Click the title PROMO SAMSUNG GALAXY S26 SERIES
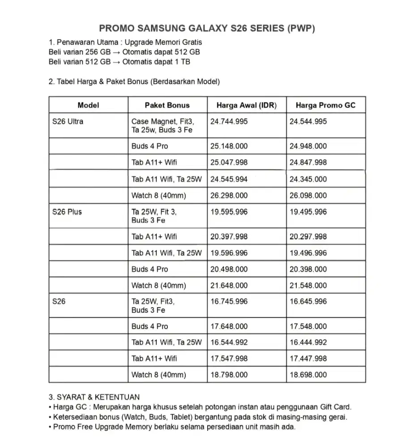coord(207,28)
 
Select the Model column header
coord(88,105)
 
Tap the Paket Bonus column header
coord(167,105)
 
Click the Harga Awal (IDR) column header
coord(246,105)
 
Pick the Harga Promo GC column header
coord(325,105)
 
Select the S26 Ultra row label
coord(68,121)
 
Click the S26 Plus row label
coord(67,212)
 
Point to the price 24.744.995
coord(229,121)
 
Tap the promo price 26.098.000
coord(308,195)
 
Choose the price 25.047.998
coord(229,162)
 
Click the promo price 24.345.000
coord(308,179)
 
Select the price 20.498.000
coord(229,269)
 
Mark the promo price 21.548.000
coord(308,285)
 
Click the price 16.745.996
coord(229,302)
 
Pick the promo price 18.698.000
coord(308,375)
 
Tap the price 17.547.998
coord(229,358)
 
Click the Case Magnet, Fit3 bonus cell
coord(166,125)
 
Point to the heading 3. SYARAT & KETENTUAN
coord(94,397)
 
